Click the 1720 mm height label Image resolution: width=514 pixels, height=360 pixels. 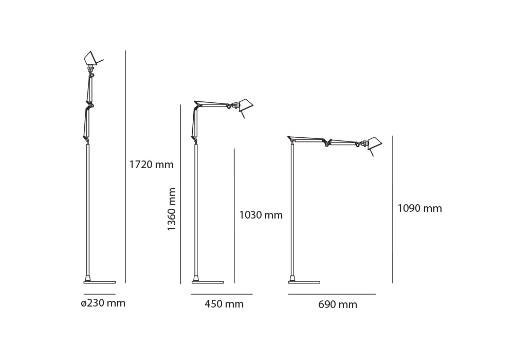[152, 164]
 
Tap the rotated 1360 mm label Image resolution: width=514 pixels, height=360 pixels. [172, 209]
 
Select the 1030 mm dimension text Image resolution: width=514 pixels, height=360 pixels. [261, 215]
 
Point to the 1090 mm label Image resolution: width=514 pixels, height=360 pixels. [420, 208]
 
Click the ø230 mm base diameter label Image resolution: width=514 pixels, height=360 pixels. [103, 303]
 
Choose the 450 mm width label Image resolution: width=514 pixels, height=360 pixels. [224, 304]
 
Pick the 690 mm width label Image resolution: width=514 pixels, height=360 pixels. [338, 304]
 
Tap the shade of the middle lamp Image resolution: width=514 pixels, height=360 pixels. [246, 105]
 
